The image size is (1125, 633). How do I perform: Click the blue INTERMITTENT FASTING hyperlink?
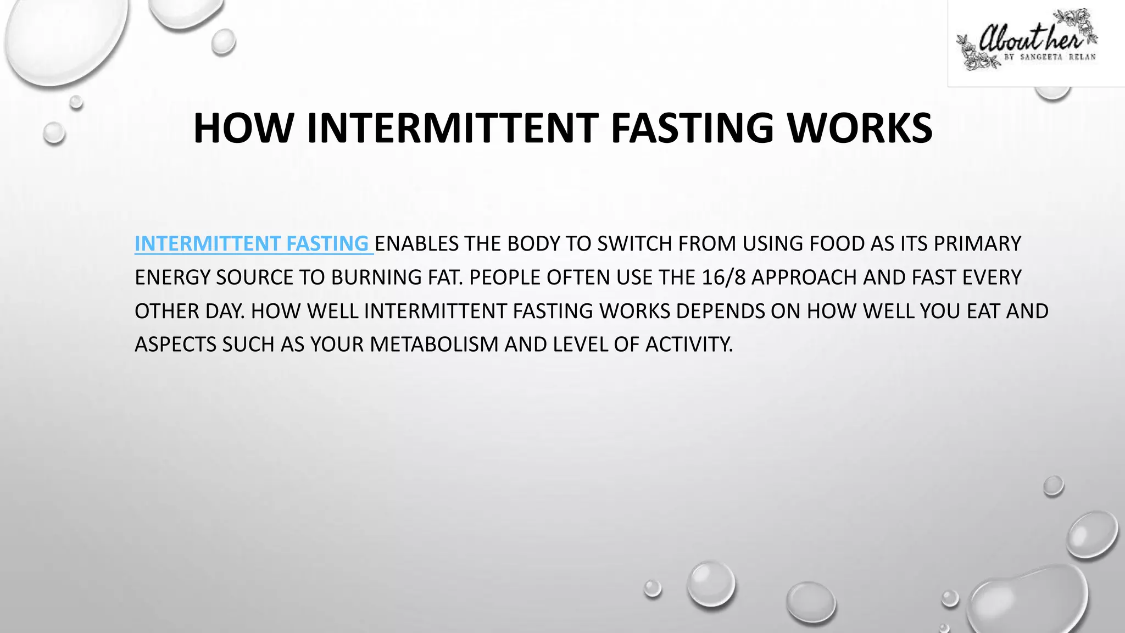pos(252,243)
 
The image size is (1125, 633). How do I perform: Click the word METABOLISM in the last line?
pos(433,345)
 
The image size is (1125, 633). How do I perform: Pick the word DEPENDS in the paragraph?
pos(720,311)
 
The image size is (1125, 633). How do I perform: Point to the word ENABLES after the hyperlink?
pos(416,243)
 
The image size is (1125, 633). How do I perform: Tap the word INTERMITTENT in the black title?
pos(452,129)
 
